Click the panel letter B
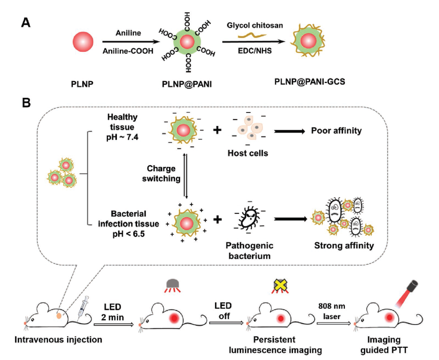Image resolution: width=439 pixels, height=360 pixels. coord(26,103)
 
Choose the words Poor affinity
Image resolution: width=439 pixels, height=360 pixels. coord(336,131)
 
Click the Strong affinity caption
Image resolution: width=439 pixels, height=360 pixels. coord(344,245)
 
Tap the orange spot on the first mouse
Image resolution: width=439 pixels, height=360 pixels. coord(61,315)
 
